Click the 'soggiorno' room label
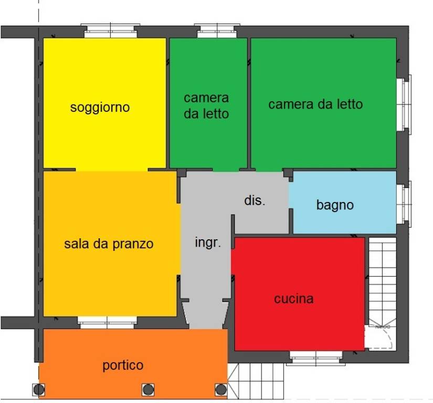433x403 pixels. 100,108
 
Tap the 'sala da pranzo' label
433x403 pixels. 109,244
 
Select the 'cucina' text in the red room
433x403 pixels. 294,299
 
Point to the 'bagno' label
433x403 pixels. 335,205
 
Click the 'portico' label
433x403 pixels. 123,365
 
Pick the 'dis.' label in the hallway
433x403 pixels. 255,200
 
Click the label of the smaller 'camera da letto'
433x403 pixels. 206,105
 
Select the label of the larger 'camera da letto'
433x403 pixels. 315,104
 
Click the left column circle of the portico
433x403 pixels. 38,389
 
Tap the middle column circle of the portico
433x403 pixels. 148,389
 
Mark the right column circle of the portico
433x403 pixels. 221,389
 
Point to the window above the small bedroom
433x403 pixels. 217,31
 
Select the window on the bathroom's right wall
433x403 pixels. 405,204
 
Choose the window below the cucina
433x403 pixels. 315,358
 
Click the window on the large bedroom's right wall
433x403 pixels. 405,104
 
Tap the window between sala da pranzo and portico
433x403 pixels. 107,322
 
